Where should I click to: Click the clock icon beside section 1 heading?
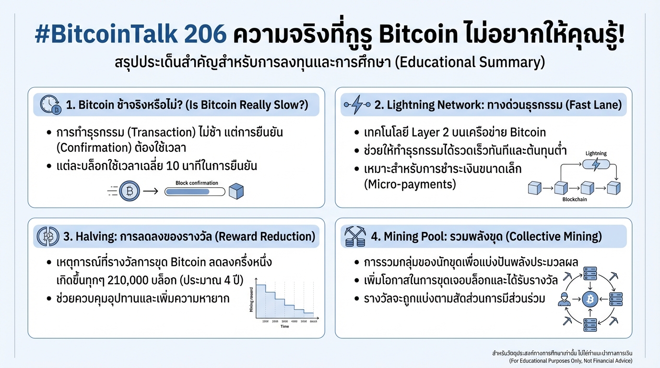pos(50,105)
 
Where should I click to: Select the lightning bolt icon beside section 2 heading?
pos(358,105)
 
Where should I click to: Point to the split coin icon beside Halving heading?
pos(47,237)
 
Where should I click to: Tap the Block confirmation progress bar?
pos(195,192)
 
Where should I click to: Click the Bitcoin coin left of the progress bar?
pos(129,191)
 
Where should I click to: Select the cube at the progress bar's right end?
pos(236,192)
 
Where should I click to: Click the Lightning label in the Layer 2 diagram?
pos(596,153)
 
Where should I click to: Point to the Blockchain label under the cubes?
pos(574,199)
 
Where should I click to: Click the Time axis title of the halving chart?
pos(285,326)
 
